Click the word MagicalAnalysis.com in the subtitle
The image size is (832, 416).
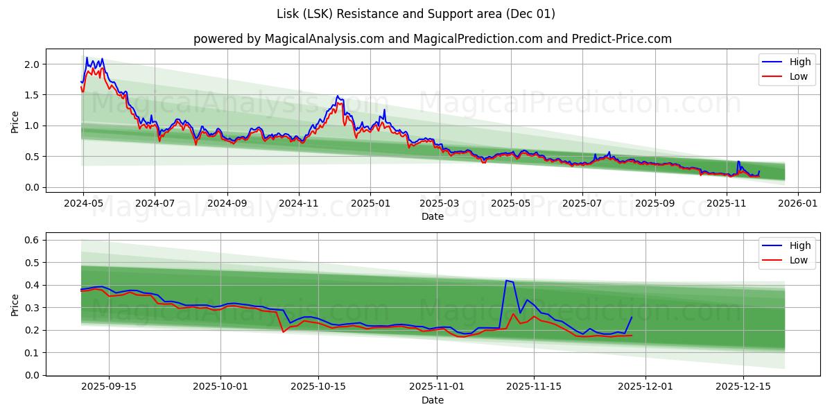(x=324, y=39)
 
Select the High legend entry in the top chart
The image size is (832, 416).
(x=799, y=62)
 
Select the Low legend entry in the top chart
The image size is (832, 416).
(x=798, y=76)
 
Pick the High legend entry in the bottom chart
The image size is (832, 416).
(x=799, y=245)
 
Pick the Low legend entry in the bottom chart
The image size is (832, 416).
(x=798, y=260)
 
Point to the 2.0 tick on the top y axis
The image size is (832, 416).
(x=33, y=64)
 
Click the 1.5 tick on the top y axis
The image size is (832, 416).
(x=33, y=95)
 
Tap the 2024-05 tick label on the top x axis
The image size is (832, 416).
(x=83, y=203)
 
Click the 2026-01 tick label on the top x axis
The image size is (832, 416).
(x=798, y=203)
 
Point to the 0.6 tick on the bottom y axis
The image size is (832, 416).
(x=33, y=240)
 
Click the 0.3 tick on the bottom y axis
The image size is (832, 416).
(x=33, y=308)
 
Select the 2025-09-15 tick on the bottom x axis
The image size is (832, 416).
(x=109, y=387)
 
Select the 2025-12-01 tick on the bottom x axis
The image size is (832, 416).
(x=645, y=387)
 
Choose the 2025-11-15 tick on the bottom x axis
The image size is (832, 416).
(x=534, y=387)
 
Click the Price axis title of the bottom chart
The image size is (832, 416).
(x=15, y=304)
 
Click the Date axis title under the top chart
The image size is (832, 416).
(x=432, y=216)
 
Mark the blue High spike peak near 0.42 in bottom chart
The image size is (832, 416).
(x=507, y=281)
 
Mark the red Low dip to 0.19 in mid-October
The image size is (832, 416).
(x=283, y=332)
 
